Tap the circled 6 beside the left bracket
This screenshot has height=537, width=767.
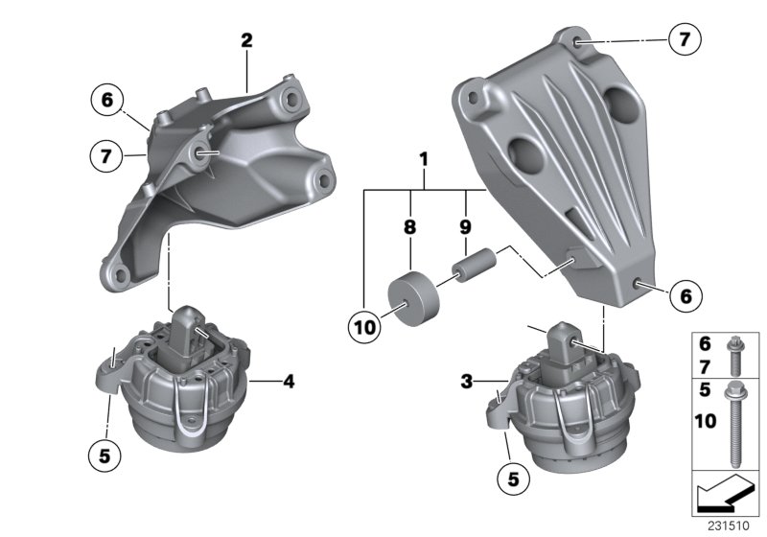pos(107,99)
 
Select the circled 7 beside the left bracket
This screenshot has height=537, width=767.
pos(107,153)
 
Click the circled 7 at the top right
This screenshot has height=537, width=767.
pos(684,40)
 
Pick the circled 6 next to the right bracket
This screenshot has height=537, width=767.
pos(686,298)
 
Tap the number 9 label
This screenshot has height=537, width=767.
pos(467,229)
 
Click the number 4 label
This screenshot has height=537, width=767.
pos(288,382)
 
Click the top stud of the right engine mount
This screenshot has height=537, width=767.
pos(567,343)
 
